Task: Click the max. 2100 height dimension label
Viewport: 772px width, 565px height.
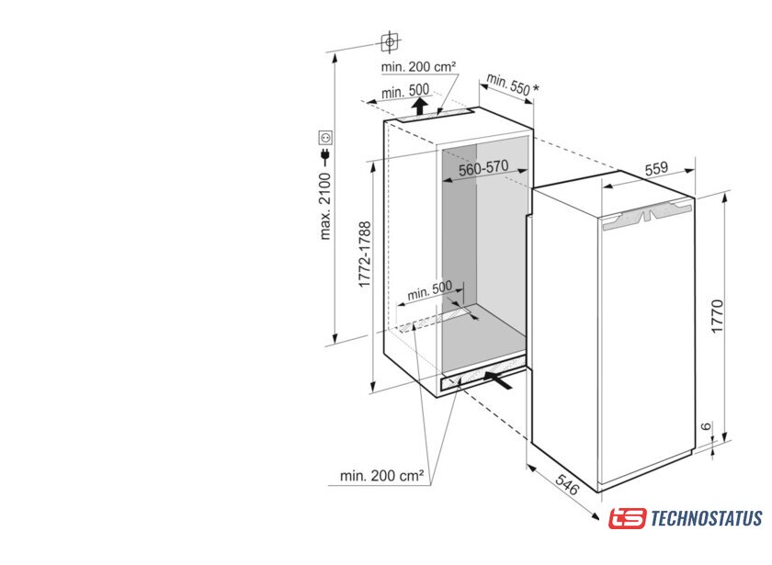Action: [x=326, y=206]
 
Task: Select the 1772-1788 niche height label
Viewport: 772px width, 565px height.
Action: [x=364, y=254]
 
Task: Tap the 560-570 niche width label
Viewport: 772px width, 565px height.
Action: [x=483, y=168]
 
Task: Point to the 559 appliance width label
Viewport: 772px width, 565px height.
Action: [x=656, y=169]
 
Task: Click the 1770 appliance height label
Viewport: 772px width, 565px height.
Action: [x=718, y=316]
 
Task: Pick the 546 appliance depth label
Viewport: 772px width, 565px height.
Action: [x=567, y=484]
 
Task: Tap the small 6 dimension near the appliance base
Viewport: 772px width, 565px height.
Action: [x=707, y=426]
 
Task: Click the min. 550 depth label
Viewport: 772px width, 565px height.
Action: [x=508, y=85]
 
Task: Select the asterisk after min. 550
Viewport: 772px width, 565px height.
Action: [x=536, y=88]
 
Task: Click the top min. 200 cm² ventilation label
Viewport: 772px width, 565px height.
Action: [x=418, y=66]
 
